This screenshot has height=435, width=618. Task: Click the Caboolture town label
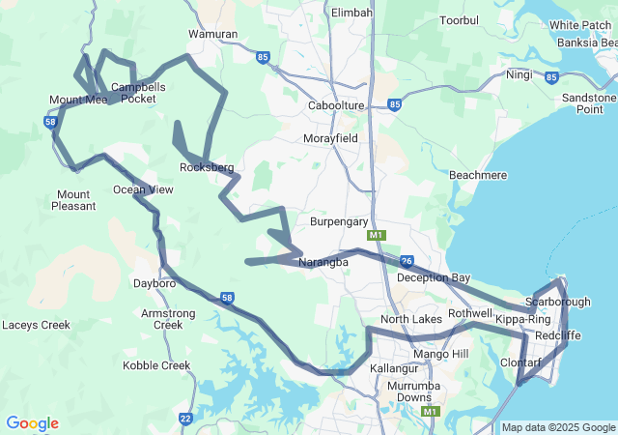click(x=335, y=105)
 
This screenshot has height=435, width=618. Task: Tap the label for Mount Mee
click(x=78, y=100)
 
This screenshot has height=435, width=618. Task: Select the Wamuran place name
click(x=212, y=34)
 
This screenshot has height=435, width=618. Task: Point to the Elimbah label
click(x=351, y=13)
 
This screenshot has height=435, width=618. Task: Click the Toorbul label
click(x=459, y=20)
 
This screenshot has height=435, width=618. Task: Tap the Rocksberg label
click(x=207, y=167)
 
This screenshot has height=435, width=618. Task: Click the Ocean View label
click(x=143, y=189)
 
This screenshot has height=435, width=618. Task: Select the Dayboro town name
click(x=154, y=284)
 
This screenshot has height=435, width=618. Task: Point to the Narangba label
click(x=323, y=262)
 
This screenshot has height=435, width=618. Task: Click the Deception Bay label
click(x=434, y=277)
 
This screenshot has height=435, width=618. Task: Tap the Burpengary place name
click(x=339, y=221)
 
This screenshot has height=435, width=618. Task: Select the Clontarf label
click(x=521, y=362)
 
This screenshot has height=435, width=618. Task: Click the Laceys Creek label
click(x=36, y=325)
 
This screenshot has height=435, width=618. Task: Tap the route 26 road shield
click(x=407, y=261)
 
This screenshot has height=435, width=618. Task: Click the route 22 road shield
click(x=185, y=419)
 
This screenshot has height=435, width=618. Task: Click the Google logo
click(x=32, y=423)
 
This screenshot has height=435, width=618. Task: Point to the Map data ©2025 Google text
click(x=557, y=427)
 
